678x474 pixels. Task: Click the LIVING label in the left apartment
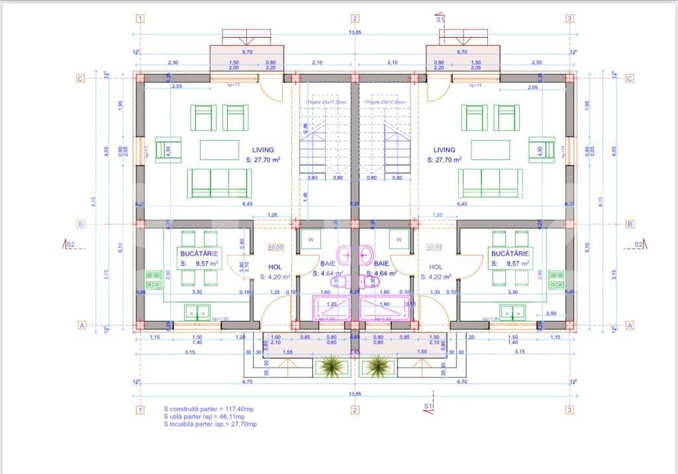coord(263,150)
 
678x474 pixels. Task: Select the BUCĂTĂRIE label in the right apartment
coord(509,254)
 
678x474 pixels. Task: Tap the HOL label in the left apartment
coord(275,267)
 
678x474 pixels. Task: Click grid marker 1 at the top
coord(140,19)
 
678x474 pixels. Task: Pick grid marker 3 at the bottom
coord(569,410)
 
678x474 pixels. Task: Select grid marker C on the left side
coord(81,79)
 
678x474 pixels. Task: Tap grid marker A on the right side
coord(630,325)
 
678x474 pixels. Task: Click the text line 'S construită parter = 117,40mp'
coord(207,410)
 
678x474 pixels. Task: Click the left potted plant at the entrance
coord(328,365)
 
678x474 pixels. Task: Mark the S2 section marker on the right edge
coord(639,244)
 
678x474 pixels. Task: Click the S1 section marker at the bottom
coord(429,405)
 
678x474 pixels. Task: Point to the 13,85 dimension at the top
coord(355,32)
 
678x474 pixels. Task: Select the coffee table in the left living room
coord(220,150)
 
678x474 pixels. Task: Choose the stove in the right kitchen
coord(557,279)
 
